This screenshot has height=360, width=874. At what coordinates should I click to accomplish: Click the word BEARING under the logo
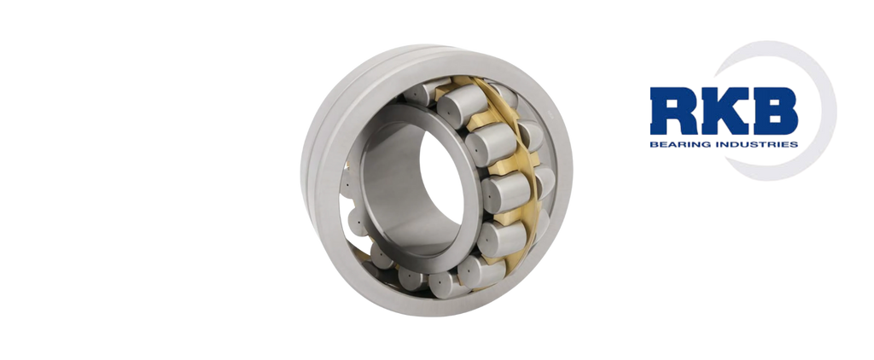pyautogui.click(x=676, y=144)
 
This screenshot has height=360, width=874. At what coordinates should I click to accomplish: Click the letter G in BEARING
pyautogui.click(x=698, y=144)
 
